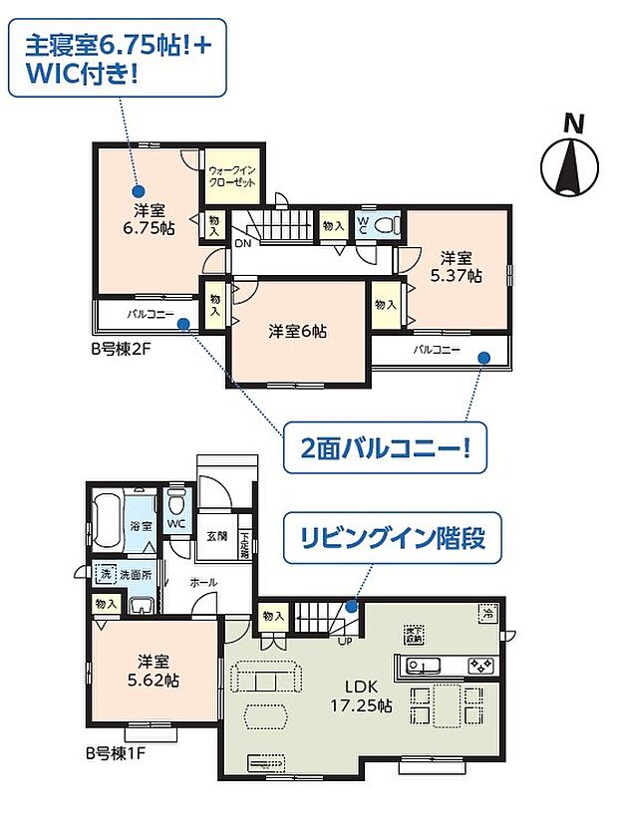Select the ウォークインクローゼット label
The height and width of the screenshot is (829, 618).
tap(232, 177)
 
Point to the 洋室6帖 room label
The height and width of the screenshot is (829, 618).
tap(298, 331)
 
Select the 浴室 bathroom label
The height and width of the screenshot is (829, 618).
tap(141, 525)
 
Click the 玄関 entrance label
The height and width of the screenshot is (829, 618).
tap(216, 536)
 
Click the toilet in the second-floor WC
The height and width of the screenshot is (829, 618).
tap(391, 224)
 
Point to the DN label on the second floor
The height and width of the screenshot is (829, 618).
tap(243, 241)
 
